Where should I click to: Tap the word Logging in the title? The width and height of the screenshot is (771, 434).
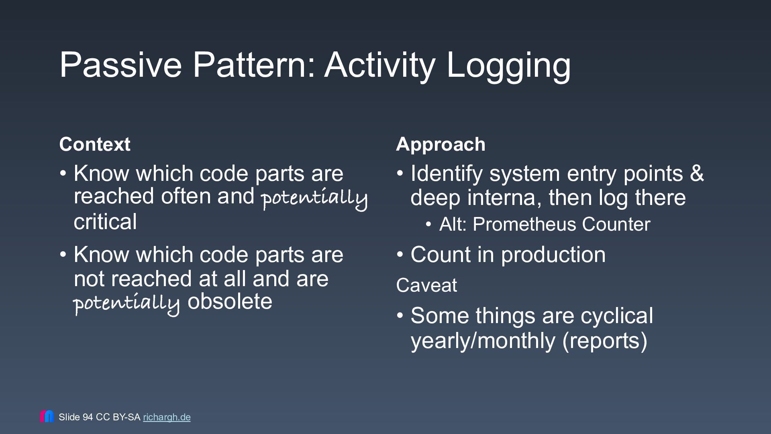508,66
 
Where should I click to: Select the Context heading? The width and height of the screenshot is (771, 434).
95,144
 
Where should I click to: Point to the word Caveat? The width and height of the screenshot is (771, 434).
426,285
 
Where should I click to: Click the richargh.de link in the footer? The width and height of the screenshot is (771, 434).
167,417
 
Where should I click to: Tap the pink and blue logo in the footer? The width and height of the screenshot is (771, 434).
47,416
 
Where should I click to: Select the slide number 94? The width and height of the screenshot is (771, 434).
88,417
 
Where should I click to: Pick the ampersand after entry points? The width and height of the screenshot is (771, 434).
697,174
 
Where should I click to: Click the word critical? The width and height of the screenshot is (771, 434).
105,222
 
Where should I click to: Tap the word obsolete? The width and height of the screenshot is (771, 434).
230,301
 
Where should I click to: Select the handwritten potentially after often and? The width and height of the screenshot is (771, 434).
314,199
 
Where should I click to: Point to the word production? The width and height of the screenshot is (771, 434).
553,255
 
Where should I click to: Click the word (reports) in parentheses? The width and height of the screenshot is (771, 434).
605,341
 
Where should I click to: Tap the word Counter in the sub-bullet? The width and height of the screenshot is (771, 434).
616,224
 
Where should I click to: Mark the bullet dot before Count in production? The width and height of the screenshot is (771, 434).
400,255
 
